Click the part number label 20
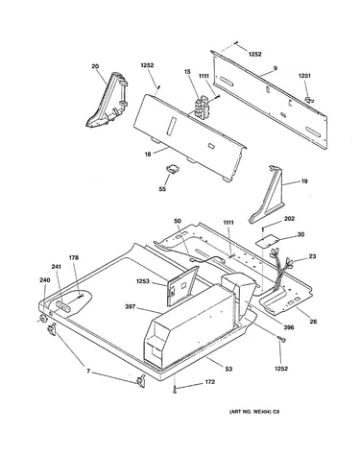coord(95,66)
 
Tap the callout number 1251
coord(304,76)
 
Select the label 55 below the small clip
coord(162,189)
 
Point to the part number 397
coord(131,307)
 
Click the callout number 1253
coord(142,281)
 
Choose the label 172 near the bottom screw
coord(210,382)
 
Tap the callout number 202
coord(289,219)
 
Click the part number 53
coord(228,369)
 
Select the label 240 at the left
coord(45,280)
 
